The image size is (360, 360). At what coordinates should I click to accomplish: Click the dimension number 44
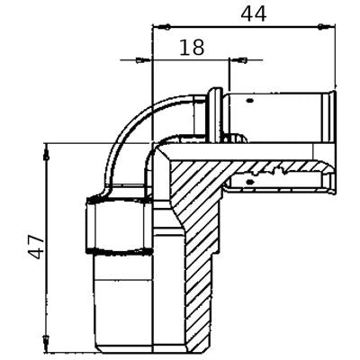254,14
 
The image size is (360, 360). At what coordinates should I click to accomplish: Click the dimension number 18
192,48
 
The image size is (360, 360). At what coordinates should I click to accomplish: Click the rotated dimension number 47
37,247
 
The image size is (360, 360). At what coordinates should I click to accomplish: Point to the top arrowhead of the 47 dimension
47,152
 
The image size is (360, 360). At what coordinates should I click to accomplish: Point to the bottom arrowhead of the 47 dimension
47,341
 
